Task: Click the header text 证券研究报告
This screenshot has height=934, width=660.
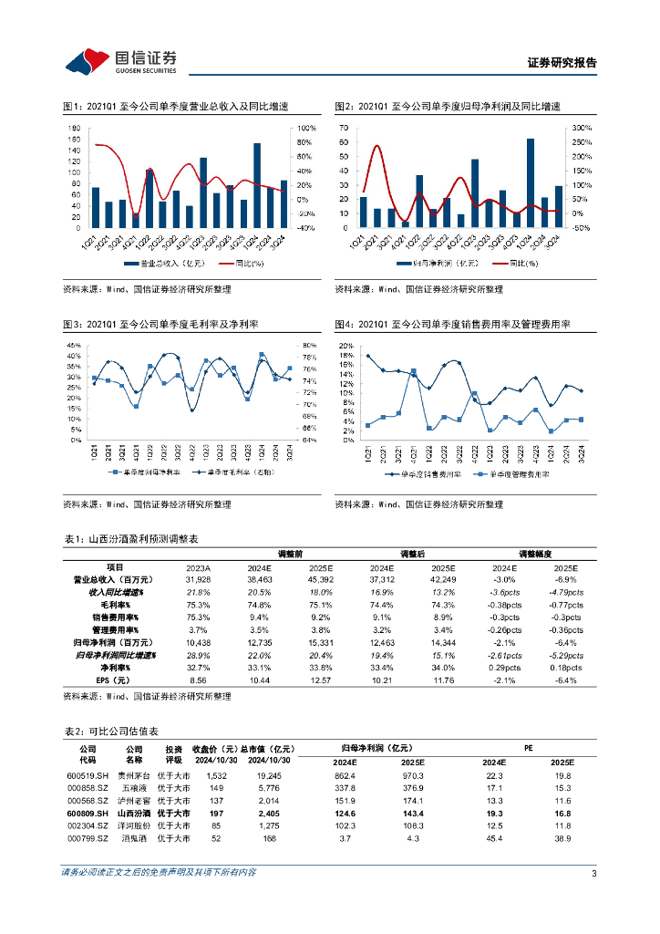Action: [562, 63]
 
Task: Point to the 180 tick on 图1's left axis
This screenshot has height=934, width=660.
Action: [75, 129]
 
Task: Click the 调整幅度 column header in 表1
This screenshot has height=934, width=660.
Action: [538, 554]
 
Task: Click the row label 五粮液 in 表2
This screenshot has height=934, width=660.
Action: [134, 787]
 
